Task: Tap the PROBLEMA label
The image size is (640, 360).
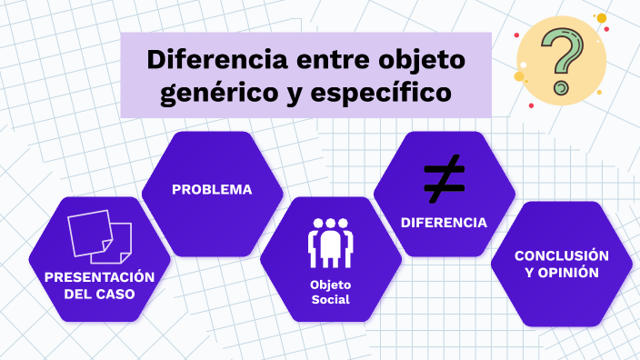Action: click(212, 190)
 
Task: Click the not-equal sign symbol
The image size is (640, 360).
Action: click(444, 178)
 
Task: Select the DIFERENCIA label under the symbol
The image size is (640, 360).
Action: click(444, 222)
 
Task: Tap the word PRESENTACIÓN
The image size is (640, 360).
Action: click(99, 276)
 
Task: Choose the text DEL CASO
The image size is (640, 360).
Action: click(99, 295)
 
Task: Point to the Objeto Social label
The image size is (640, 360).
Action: click(330, 291)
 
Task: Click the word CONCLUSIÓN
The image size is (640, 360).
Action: click(561, 255)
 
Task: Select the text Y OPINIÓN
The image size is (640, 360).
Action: click(561, 272)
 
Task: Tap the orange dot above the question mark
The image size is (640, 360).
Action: click(601, 18)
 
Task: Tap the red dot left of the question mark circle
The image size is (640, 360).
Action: click(517, 35)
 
